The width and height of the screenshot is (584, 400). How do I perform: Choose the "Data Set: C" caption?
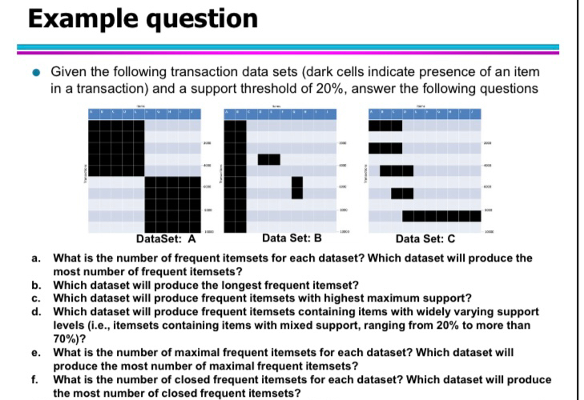tap(425, 238)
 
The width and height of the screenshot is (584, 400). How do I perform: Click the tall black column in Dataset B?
tap(235, 172)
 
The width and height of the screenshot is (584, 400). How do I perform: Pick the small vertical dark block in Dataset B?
tap(297, 186)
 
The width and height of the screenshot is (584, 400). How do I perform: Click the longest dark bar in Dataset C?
tap(441, 215)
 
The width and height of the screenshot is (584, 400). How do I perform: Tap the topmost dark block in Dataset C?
tap(385, 125)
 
